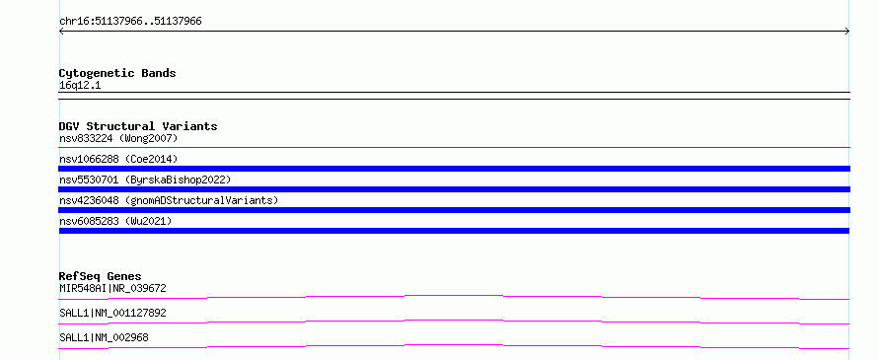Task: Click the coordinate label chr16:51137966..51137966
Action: pos(130,22)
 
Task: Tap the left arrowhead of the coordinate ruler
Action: pos(60,32)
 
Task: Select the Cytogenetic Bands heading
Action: pos(117,73)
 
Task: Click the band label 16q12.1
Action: pos(80,86)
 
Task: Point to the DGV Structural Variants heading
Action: pos(138,126)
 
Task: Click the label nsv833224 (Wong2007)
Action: pos(118,138)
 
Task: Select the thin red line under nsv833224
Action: pos(454,148)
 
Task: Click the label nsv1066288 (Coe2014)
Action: pos(118,159)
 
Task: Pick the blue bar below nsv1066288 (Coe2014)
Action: pos(454,169)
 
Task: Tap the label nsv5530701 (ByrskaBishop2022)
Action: pos(145,180)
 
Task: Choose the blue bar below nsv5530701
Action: pos(454,189)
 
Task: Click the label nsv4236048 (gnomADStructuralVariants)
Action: pos(169,200)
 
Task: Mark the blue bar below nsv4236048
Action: pos(454,210)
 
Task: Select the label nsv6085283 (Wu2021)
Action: pos(115,221)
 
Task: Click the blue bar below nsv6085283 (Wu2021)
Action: pos(454,231)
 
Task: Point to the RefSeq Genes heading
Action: pos(101,276)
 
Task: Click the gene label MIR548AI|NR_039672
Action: pos(112,288)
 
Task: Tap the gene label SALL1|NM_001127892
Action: pos(112,313)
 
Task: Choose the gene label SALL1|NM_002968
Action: pos(104,337)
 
